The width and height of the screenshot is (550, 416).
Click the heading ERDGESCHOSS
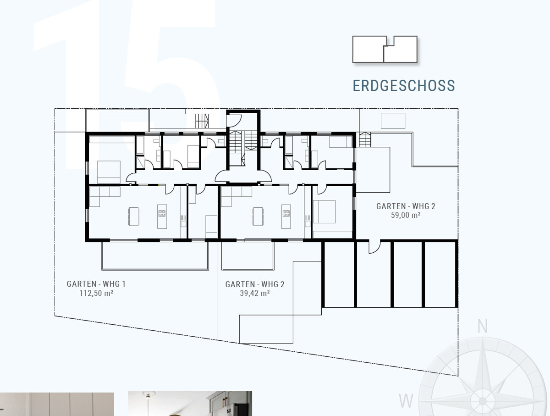coord(404,86)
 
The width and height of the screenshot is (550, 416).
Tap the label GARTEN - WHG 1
coord(96,284)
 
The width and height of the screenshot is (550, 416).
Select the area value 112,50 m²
coord(96,293)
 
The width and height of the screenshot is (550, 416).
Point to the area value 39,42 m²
coord(255,293)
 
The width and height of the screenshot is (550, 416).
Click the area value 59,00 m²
coord(406,215)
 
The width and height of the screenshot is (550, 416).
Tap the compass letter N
coord(482,326)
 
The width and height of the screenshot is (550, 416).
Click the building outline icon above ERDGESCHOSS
coord(385,49)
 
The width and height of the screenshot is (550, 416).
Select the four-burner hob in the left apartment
coord(162,213)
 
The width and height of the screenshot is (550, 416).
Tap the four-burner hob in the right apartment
coord(286,213)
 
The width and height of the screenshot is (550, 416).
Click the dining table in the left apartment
coord(134,216)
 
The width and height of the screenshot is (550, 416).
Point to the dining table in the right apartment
coord(258,216)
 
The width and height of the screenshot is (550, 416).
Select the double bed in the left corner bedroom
coord(109,172)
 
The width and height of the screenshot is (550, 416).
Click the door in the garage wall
coord(374,247)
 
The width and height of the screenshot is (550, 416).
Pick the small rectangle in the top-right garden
coord(393,121)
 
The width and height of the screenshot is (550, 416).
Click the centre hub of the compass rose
coord(482,401)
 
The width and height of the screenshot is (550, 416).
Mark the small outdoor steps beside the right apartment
coord(365,140)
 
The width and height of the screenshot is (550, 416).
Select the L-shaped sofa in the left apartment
coord(104,197)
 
